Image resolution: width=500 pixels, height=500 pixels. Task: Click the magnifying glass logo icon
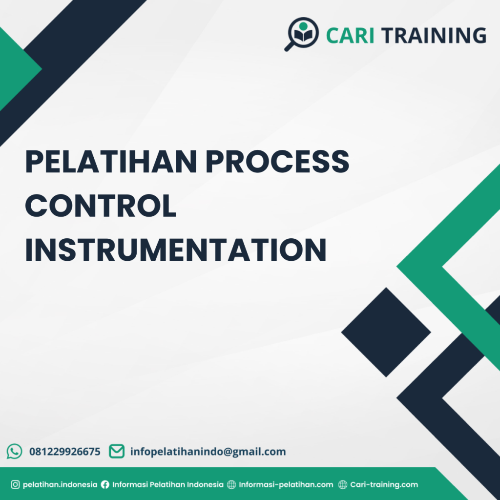point(301,33)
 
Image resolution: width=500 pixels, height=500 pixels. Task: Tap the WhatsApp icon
point(15,451)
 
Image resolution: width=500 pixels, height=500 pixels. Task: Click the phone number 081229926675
point(65,452)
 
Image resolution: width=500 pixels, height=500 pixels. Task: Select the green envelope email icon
point(116,451)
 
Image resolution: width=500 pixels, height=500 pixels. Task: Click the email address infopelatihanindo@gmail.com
point(208,452)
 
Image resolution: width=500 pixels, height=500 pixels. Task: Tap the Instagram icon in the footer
point(15,485)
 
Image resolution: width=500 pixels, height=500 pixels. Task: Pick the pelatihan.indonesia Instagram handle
point(60,485)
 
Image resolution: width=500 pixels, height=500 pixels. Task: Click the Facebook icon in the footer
point(105,485)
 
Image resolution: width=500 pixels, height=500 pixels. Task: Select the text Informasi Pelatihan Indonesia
point(168,485)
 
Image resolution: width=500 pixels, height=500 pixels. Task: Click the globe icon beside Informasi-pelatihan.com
point(232,485)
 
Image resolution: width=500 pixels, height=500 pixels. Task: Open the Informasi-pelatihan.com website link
point(286,485)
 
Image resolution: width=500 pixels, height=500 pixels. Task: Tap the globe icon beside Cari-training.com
point(343,485)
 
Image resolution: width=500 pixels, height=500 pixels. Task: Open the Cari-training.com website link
point(384,485)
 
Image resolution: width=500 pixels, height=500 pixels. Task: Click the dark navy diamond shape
point(386,332)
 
